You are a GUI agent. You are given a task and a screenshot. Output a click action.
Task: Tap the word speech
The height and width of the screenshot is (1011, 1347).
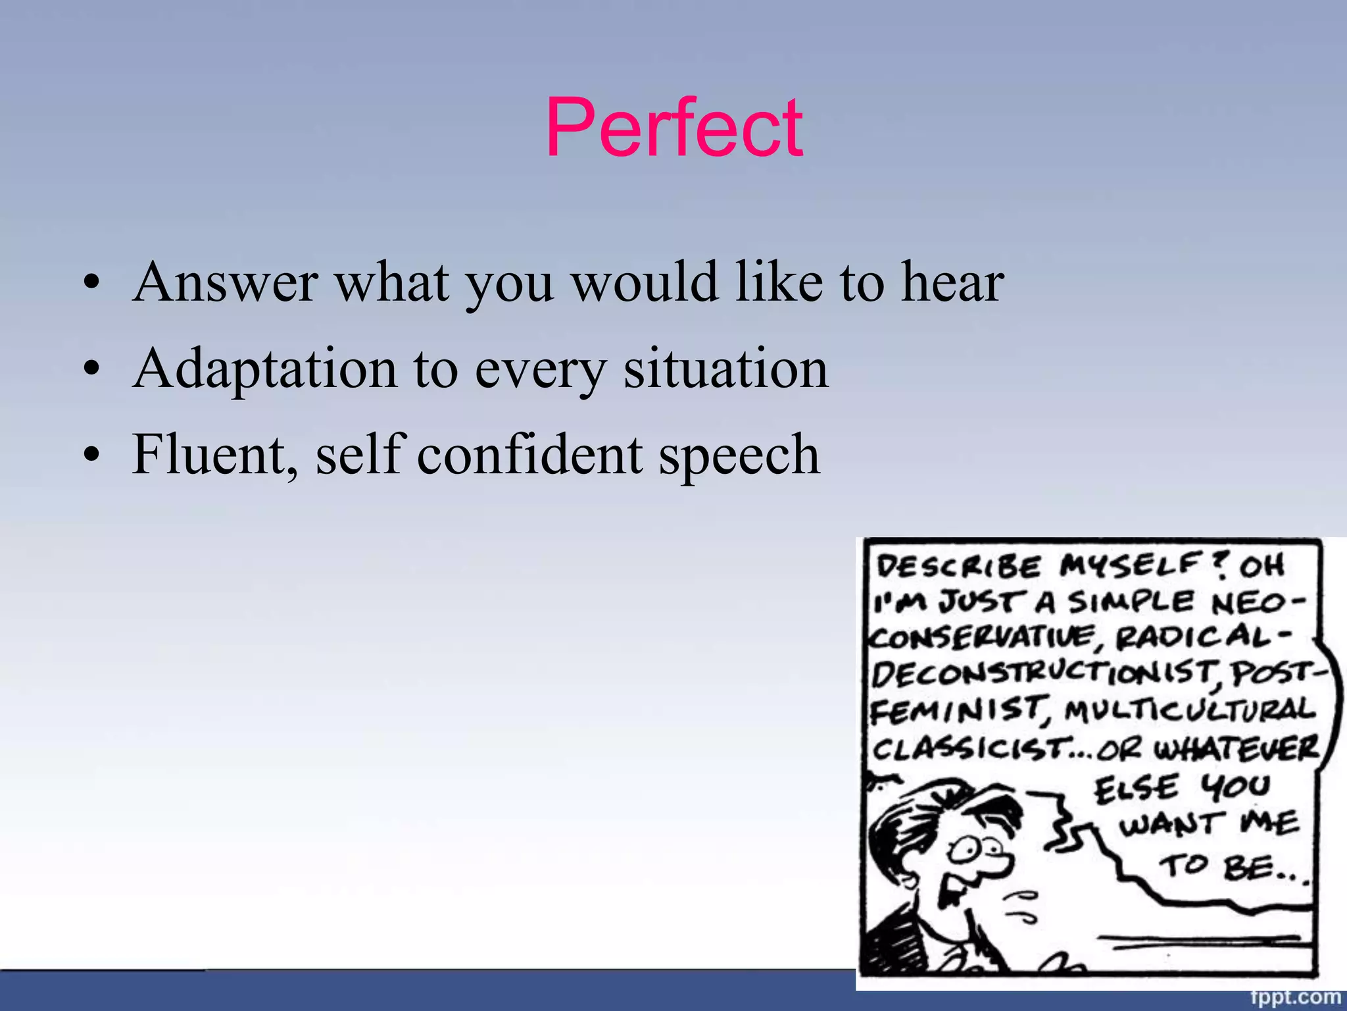click(x=739, y=455)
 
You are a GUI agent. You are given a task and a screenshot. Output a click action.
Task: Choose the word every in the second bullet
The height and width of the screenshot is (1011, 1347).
click(x=539, y=370)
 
